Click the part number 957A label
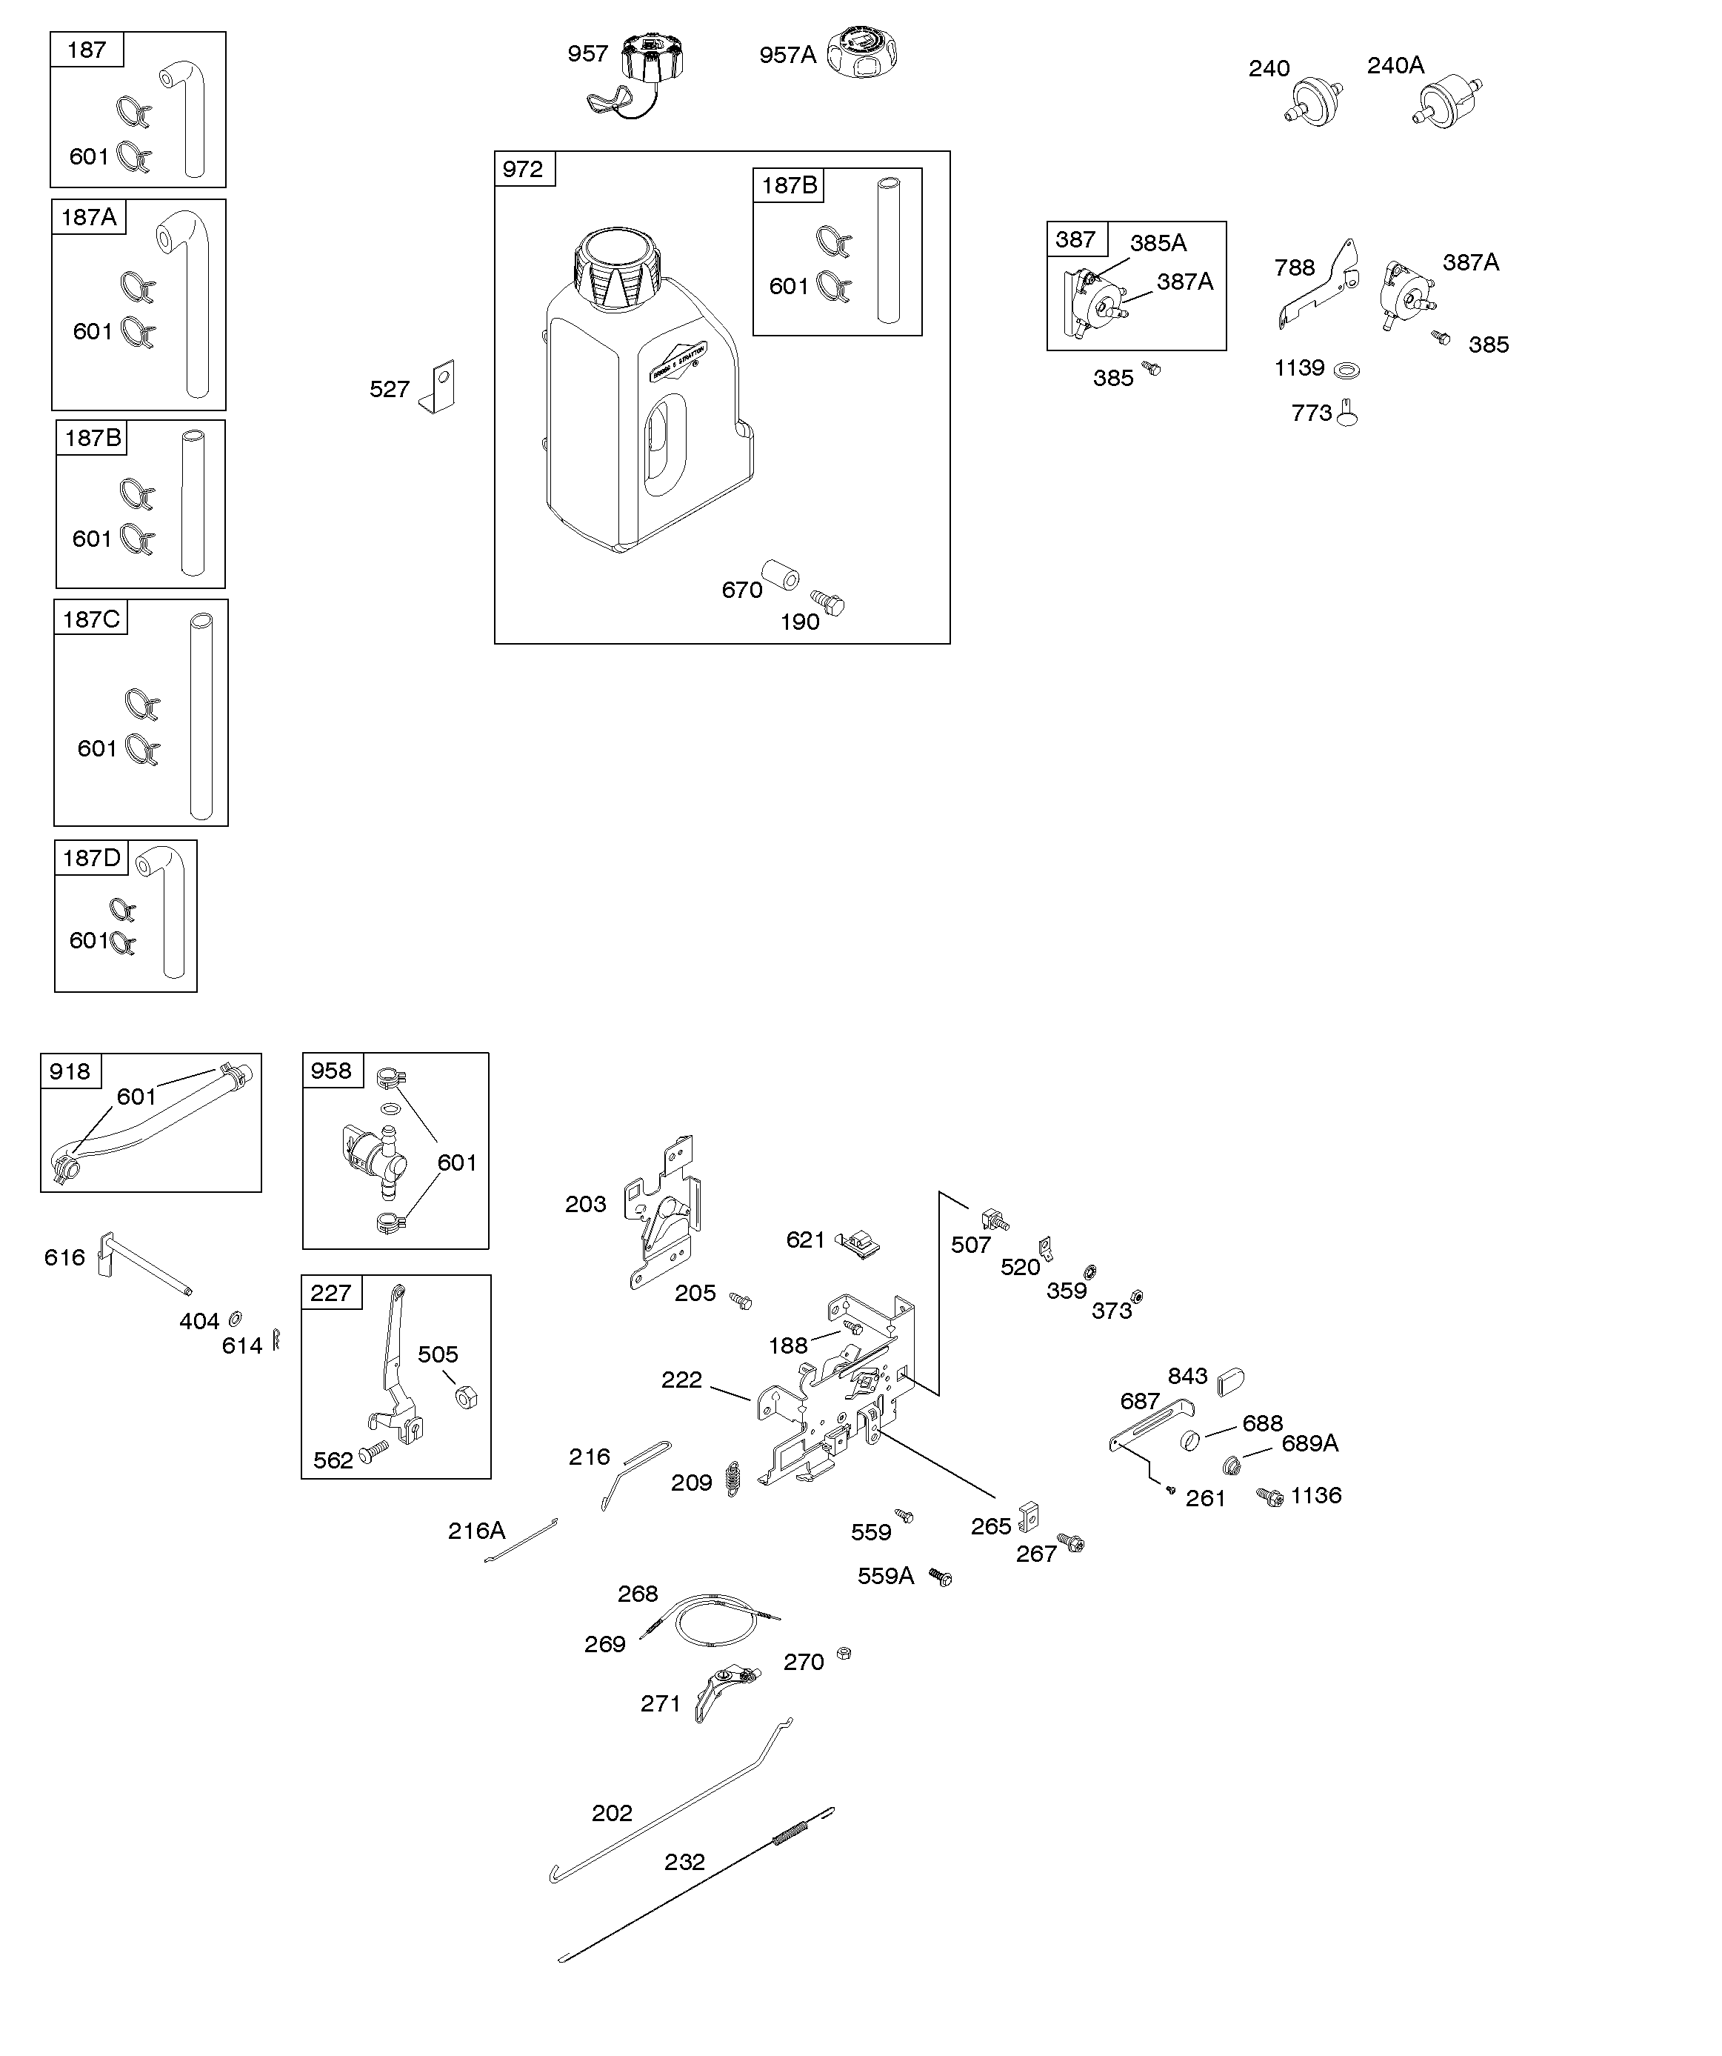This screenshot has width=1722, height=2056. tap(787, 55)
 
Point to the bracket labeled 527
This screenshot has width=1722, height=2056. tap(438, 387)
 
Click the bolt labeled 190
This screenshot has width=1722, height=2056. tap(827, 603)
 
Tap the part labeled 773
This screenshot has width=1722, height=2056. tap(1348, 414)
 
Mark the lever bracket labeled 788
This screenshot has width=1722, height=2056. tap(1318, 284)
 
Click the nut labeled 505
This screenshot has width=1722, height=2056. tap(467, 1397)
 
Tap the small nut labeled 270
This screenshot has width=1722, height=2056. tap(845, 1654)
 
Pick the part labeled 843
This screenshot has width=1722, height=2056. tap(1230, 1383)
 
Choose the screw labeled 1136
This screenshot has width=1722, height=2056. tap(1269, 1497)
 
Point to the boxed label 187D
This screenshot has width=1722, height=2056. tap(91, 858)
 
